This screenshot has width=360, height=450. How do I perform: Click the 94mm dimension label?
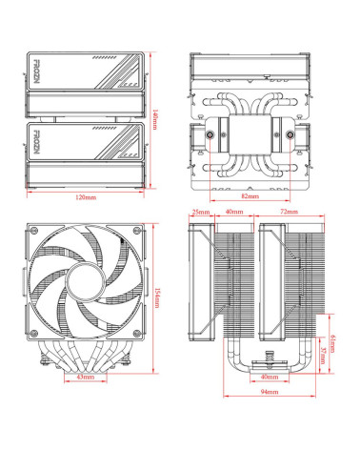pos(270,392)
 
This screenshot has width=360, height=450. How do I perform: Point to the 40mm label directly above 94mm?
pos(270,378)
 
